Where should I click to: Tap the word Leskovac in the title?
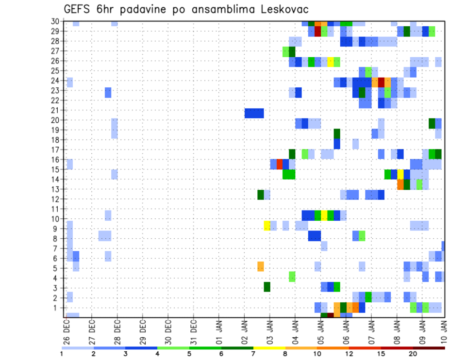(x=283, y=10)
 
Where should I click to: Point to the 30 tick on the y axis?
(x=56, y=21)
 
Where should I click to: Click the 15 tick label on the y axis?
(x=56, y=169)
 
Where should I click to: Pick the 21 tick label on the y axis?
(x=56, y=110)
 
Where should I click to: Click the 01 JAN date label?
(x=219, y=330)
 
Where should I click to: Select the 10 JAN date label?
(x=445, y=330)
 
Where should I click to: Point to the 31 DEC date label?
(x=194, y=330)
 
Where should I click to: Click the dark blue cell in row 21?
(x=254, y=113)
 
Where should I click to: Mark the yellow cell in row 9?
(x=267, y=226)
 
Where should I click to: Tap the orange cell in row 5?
(x=261, y=266)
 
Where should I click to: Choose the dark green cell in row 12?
(x=261, y=195)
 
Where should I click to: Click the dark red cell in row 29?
(x=318, y=31)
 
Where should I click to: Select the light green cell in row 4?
(x=292, y=277)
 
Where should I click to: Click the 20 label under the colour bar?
(x=413, y=354)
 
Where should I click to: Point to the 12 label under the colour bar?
(x=349, y=354)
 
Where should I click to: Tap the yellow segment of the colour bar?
(x=269, y=348)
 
